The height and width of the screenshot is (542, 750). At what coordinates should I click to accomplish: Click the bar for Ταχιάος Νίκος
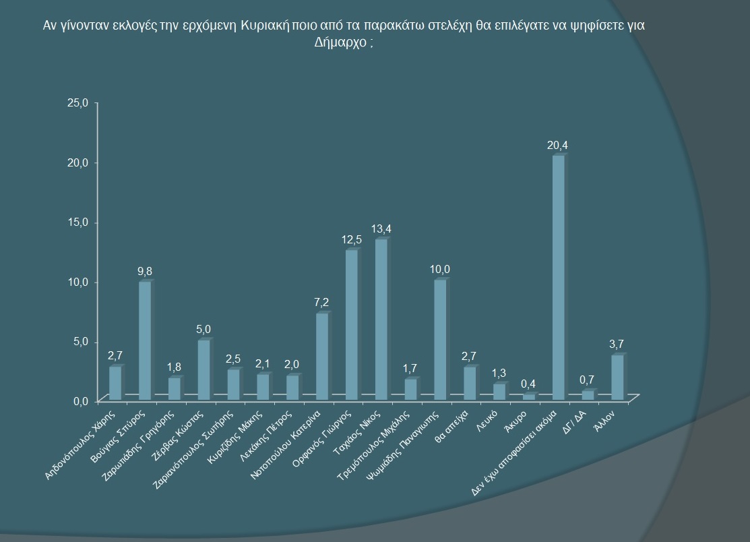[x=381, y=317]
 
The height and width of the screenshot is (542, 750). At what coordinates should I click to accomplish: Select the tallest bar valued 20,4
[x=558, y=276]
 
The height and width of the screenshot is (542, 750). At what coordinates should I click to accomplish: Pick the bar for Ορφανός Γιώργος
[x=351, y=324]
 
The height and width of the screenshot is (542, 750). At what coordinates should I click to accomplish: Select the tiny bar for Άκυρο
[x=528, y=397]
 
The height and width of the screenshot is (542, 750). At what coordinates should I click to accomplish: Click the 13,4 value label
[x=383, y=229]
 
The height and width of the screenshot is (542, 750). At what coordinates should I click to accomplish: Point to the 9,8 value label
[x=145, y=271]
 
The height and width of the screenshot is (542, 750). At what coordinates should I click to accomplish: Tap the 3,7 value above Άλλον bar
[x=617, y=344]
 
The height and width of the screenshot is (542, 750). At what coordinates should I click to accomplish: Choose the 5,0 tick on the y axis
[x=81, y=342]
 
